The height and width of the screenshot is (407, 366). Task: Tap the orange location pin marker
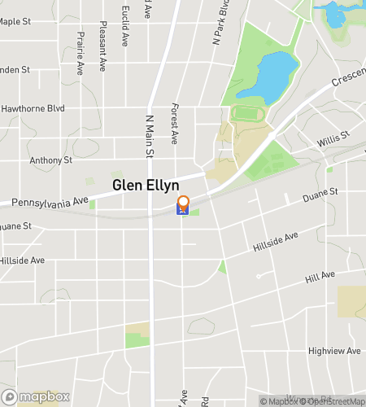183,203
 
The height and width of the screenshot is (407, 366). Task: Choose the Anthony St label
51,160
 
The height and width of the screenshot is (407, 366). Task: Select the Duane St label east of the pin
319,195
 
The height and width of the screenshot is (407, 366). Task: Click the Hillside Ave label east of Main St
275,239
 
